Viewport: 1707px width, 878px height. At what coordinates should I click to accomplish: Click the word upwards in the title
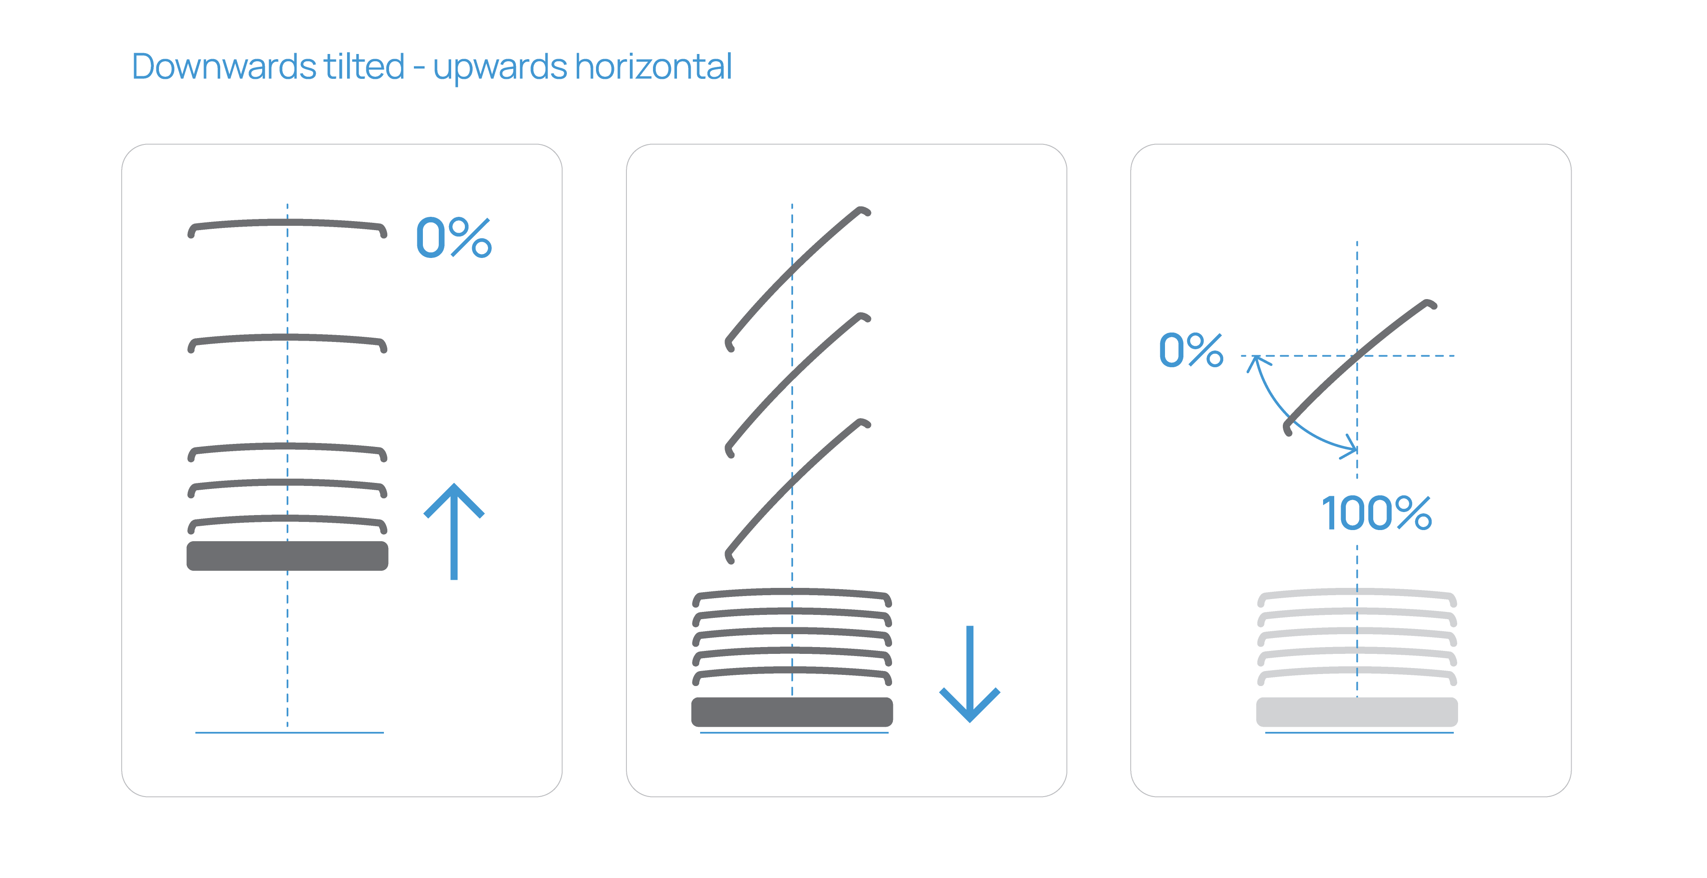point(500,68)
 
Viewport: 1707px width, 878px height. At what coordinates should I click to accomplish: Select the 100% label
point(1376,513)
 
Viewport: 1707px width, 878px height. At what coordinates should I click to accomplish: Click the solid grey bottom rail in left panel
point(287,556)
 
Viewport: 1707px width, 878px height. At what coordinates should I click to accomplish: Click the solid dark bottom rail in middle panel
point(792,712)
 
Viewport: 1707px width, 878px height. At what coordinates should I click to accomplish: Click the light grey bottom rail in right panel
point(1357,712)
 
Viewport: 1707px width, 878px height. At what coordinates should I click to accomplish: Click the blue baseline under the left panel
point(290,732)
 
